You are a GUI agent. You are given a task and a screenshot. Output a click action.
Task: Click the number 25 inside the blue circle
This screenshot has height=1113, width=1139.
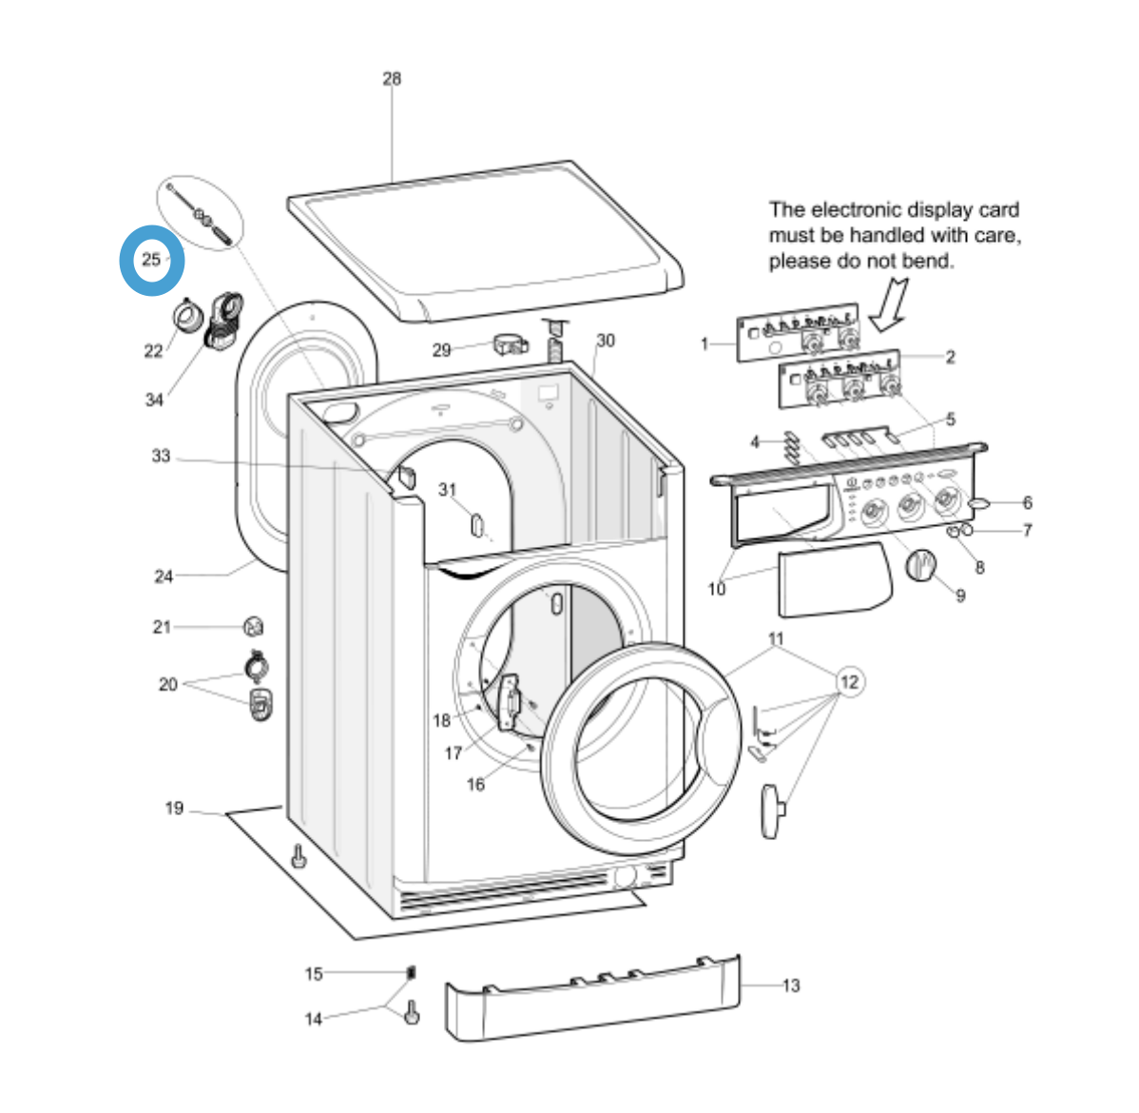[151, 260]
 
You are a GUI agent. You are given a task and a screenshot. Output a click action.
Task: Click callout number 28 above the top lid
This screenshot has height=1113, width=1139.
[392, 79]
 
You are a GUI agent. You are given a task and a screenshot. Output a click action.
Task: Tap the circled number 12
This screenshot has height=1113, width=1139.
[849, 682]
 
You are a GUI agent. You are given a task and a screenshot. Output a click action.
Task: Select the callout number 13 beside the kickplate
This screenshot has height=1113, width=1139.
[791, 986]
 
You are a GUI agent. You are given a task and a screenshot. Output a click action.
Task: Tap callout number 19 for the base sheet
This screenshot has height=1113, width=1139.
[174, 809]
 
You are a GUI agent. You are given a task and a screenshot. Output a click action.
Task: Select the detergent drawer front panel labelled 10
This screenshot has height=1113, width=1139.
[834, 579]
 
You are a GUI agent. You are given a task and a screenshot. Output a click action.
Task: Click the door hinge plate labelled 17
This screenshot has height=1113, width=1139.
[511, 705]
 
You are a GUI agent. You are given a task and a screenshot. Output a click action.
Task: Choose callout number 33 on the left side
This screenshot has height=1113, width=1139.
[162, 457]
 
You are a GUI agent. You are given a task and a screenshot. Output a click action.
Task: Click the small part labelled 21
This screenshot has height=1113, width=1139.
[253, 626]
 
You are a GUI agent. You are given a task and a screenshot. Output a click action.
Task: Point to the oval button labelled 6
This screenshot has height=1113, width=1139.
[980, 502]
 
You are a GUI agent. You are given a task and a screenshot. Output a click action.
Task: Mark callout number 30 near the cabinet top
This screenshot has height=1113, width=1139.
[606, 341]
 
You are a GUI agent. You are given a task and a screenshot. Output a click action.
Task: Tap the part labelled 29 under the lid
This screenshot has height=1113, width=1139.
[511, 344]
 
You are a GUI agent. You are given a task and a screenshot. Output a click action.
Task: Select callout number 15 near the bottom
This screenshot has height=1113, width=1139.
[314, 973]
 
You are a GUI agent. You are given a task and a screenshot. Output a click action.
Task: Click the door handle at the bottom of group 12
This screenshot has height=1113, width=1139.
[772, 810]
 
